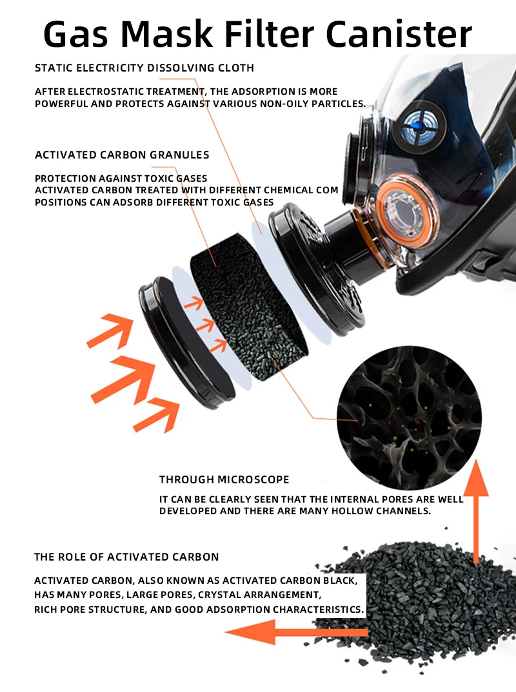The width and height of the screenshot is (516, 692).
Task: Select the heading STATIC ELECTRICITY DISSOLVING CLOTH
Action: (144, 68)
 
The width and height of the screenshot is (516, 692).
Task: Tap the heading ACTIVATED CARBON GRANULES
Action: (122, 155)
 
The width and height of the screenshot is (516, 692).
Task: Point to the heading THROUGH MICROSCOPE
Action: (224, 479)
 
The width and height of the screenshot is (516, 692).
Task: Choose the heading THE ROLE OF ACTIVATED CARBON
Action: (126, 557)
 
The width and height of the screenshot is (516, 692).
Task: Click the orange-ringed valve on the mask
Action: (404, 213)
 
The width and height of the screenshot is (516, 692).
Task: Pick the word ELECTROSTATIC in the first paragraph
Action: (106, 92)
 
